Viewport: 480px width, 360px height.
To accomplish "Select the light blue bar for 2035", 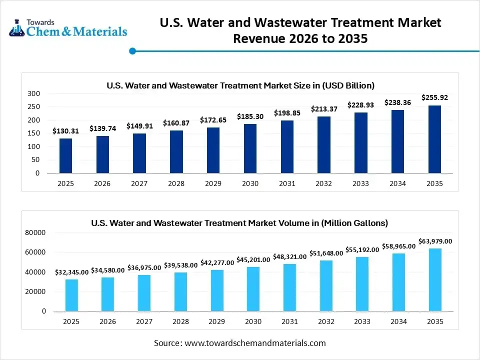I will pos(435,280).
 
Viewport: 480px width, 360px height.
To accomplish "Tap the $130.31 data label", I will pos(65,131).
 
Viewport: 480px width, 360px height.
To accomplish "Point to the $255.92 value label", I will pos(434,97).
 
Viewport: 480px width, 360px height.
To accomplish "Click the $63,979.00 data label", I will pos(434,241).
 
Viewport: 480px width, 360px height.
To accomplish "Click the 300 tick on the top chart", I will pos(33,93).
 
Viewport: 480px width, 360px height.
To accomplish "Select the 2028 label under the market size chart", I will pos(176,183).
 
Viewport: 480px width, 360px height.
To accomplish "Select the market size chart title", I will pos(240,85).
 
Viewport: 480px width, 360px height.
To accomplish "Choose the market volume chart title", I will pos(239,223).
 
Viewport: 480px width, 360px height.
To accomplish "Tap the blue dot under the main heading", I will pos(132,50).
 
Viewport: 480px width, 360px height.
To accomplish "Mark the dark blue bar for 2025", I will pos(65,156).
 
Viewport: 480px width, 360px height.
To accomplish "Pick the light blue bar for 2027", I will pos(144,293).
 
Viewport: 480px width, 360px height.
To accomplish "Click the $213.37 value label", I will pos(324,108).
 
